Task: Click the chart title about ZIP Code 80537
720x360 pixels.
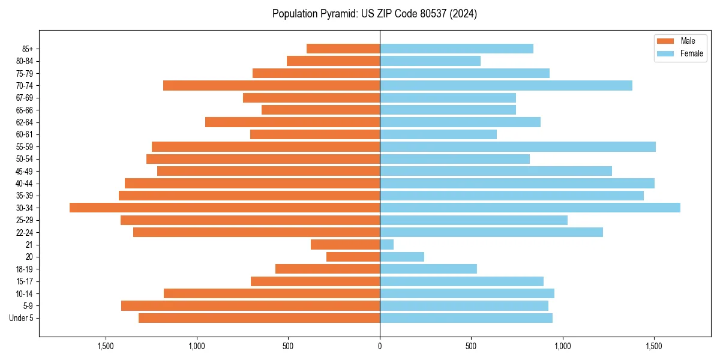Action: tap(374, 14)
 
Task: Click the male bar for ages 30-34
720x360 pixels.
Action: tap(224, 208)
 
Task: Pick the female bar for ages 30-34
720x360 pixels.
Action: tap(530, 208)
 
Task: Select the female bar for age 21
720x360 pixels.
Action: tap(386, 244)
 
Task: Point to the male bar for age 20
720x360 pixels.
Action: tap(353, 257)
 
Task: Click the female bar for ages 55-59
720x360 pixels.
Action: tap(517, 146)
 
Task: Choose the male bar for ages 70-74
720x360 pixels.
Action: tap(271, 85)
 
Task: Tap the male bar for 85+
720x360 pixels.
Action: tap(343, 49)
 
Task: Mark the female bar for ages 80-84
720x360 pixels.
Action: tap(430, 61)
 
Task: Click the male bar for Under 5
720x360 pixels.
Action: tap(259, 318)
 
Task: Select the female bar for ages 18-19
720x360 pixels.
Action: tap(428, 269)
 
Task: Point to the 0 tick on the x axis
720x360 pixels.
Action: tap(380, 346)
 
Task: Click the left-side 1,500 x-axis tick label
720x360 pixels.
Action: tap(105, 346)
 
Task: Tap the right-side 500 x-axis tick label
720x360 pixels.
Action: tap(471, 346)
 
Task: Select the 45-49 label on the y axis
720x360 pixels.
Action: tap(25, 171)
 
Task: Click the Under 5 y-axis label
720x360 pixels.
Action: tap(22, 318)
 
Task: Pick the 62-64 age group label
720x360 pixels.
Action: tap(25, 122)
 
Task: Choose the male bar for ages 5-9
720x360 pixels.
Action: tap(250, 305)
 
